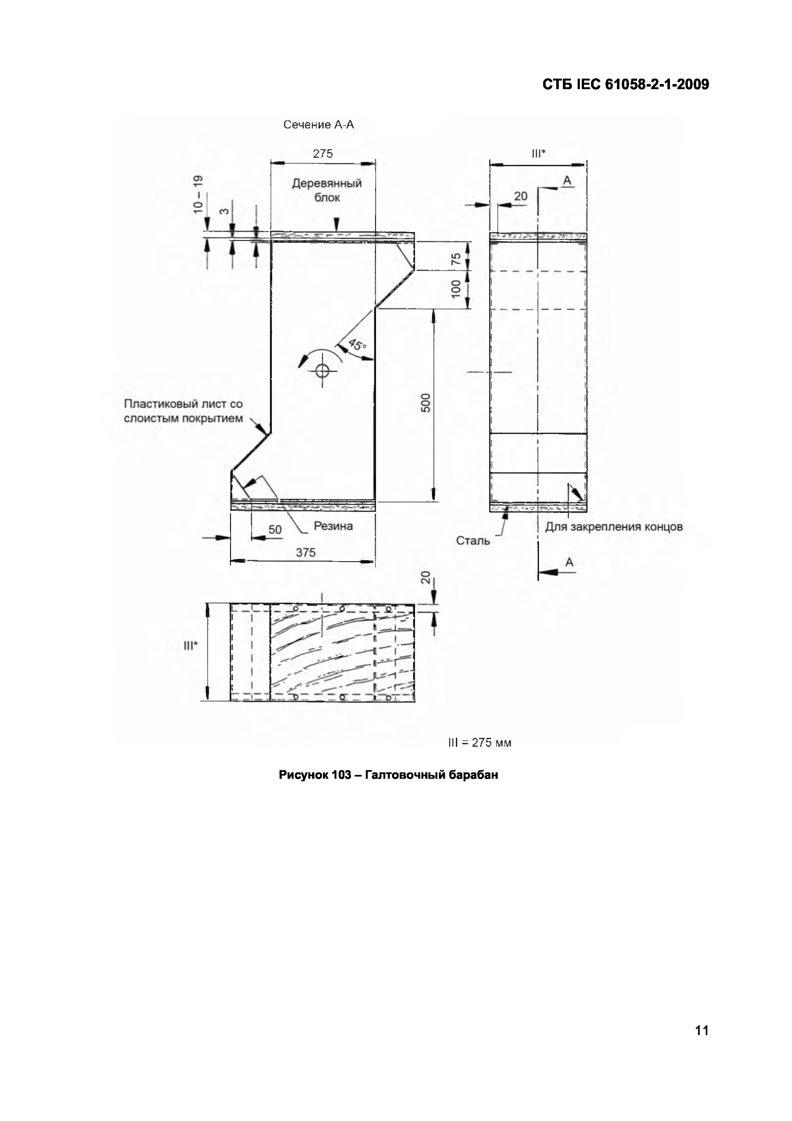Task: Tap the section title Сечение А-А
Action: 319,125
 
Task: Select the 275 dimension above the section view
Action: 323,154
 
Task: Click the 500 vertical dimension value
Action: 426,403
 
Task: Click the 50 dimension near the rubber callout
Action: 275,530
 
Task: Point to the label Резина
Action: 333,526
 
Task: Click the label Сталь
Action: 473,540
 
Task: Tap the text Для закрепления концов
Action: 614,527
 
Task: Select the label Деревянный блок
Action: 327,190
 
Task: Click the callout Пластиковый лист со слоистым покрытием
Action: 183,411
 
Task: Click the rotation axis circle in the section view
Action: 322,371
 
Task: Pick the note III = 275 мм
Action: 479,743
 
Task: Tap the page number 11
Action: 701,1030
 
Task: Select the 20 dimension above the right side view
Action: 521,196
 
